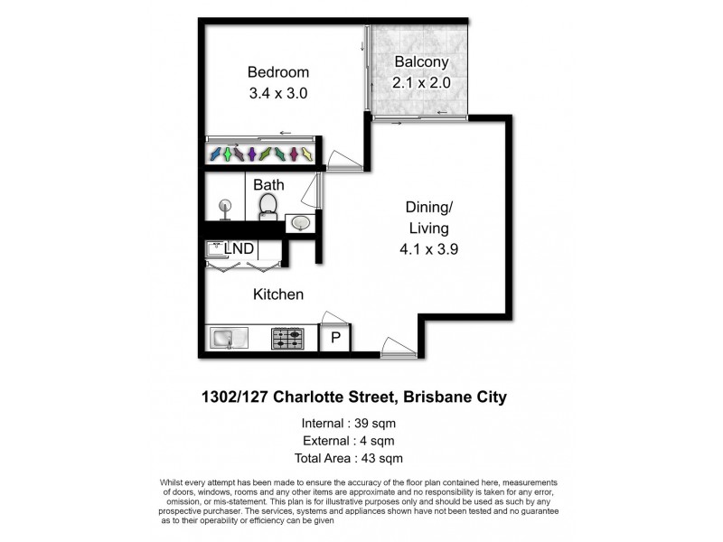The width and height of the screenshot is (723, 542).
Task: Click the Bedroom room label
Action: [x=278, y=72]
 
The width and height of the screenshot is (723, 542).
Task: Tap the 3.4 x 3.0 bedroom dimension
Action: [x=278, y=92]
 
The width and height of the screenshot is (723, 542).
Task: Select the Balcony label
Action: [x=420, y=62]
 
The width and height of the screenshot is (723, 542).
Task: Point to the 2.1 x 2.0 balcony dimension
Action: [x=420, y=82]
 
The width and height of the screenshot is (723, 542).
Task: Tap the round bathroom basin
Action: [x=299, y=222]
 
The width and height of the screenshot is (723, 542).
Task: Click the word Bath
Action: [x=268, y=185]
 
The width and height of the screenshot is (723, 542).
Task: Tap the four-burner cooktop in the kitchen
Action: [x=288, y=339]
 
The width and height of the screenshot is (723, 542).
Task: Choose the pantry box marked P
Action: [x=335, y=339]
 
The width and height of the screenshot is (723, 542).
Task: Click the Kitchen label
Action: [x=277, y=294]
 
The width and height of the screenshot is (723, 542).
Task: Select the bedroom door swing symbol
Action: [x=344, y=160]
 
